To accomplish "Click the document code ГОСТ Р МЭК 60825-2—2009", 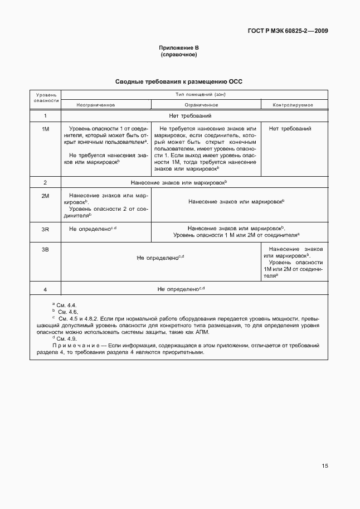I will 288,31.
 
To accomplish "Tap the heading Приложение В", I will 179,49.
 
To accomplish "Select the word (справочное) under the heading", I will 179,55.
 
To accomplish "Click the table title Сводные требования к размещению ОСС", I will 179,81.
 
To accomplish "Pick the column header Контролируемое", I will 293,105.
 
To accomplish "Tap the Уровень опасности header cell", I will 45,98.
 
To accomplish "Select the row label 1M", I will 45,129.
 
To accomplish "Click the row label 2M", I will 45,196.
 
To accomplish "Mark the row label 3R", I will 45,229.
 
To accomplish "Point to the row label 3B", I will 45,249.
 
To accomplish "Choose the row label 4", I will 45,289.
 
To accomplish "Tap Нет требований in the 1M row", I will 290,129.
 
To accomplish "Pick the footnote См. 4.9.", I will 66,338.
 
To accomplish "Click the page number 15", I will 324,466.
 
